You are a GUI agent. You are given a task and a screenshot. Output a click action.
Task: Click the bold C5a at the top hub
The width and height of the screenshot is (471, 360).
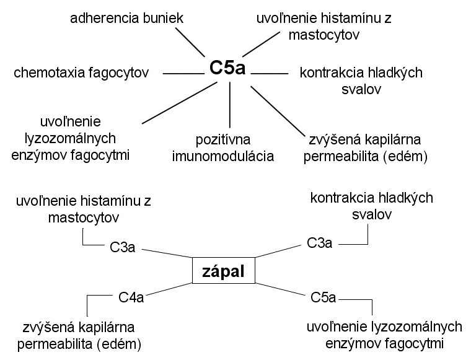click(x=227, y=68)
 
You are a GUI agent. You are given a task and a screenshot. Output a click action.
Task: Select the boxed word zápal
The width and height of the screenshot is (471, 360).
click(x=224, y=271)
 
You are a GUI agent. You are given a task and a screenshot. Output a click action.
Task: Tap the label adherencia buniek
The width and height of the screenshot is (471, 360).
click(x=126, y=18)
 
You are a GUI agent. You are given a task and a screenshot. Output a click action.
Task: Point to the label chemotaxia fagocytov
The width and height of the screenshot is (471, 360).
click(x=81, y=72)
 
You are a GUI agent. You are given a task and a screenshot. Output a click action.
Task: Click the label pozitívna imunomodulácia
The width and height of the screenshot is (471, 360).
click(x=223, y=148)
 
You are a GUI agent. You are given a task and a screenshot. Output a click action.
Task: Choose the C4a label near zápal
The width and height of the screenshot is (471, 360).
click(x=131, y=297)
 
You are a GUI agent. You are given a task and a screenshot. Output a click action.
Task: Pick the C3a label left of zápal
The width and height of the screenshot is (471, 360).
click(x=122, y=247)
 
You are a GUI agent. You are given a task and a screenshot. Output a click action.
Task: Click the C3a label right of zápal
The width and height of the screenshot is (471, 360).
click(x=319, y=243)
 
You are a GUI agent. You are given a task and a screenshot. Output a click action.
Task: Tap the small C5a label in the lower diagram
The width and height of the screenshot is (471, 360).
click(x=323, y=297)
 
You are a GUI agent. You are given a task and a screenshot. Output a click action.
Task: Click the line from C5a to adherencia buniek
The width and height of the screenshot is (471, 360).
click(x=190, y=42)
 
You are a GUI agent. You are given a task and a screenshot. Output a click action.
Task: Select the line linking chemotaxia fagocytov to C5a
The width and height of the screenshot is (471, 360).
click(x=183, y=74)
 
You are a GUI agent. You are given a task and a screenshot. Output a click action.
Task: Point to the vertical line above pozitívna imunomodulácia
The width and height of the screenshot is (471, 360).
click(x=230, y=105)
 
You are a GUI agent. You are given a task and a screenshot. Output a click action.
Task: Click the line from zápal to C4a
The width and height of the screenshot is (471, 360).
click(x=169, y=289)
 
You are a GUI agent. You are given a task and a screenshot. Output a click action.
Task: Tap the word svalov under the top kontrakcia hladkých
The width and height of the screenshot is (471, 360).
click(x=361, y=89)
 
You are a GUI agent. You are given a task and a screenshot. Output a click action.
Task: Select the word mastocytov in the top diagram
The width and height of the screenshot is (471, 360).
click(x=324, y=35)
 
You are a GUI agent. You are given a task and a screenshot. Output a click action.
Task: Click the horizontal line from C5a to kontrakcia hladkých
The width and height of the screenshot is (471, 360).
click(x=270, y=74)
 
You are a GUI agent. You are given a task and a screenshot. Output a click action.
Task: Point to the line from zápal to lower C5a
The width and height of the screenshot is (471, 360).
click(x=280, y=289)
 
